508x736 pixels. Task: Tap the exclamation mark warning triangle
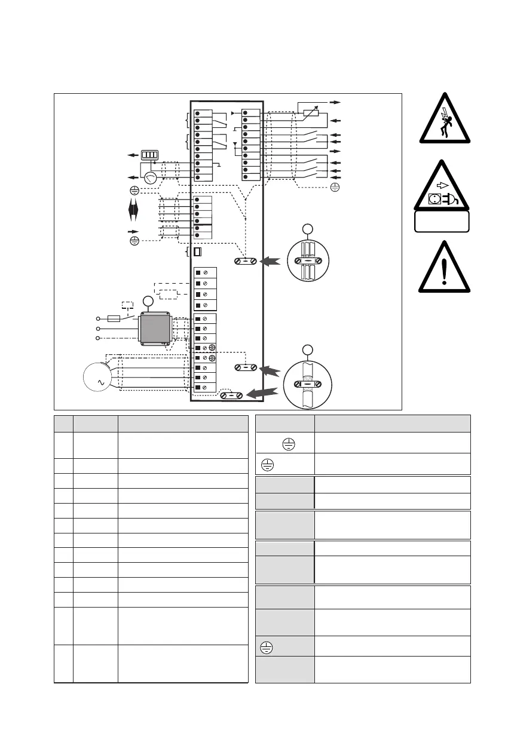pyautogui.click(x=444, y=269)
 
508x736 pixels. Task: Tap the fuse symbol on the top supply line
pyautogui.click(x=112, y=318)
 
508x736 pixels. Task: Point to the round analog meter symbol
pyautogui.click(x=150, y=177)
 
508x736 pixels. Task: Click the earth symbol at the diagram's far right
pyautogui.click(x=335, y=187)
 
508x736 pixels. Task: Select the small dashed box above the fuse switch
pyautogui.click(x=127, y=305)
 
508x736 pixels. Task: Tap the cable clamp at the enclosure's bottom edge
pyautogui.click(x=231, y=395)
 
